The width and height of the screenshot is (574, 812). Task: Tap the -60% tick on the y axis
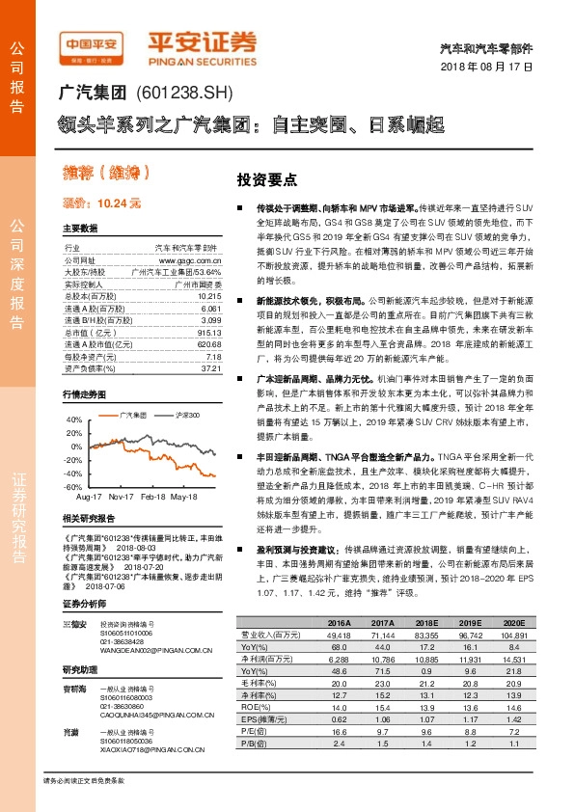73,488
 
